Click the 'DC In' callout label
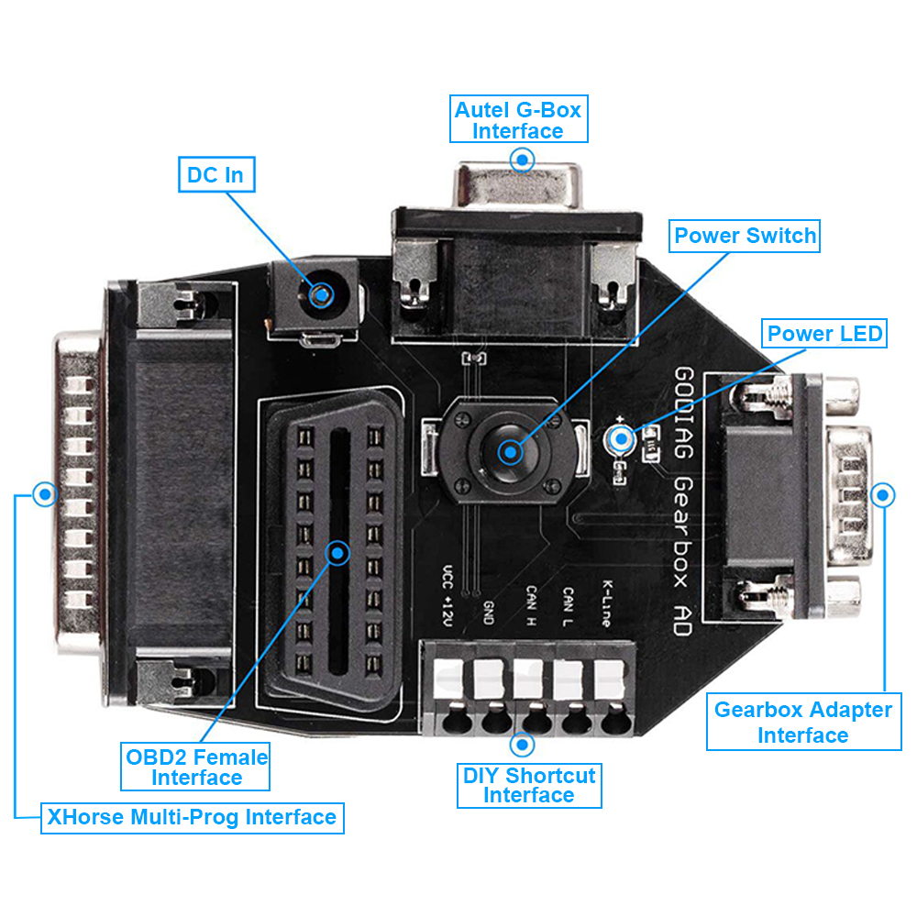coord(215,174)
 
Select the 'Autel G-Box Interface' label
coord(518,120)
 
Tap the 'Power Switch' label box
coord(745,236)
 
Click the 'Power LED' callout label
coord(824,334)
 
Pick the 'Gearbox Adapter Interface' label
coord(802,722)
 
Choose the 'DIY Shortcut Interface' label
coord(529,785)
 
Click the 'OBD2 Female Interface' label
coord(196,768)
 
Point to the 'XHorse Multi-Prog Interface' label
coord(191,817)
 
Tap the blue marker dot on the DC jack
coord(321,294)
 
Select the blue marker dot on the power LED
coord(622,439)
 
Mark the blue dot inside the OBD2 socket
coord(338,552)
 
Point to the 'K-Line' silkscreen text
coord(606,602)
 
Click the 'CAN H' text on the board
coord(530,607)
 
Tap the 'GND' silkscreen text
coord(489,612)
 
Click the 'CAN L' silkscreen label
coord(569,608)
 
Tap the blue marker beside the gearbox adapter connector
coord(883,495)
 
